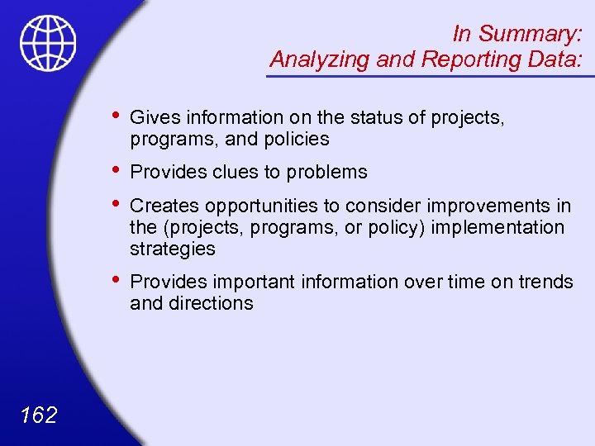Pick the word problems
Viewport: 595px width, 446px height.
[326, 172]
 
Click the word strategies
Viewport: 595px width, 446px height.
[172, 249]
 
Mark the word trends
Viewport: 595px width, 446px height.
[545, 282]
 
